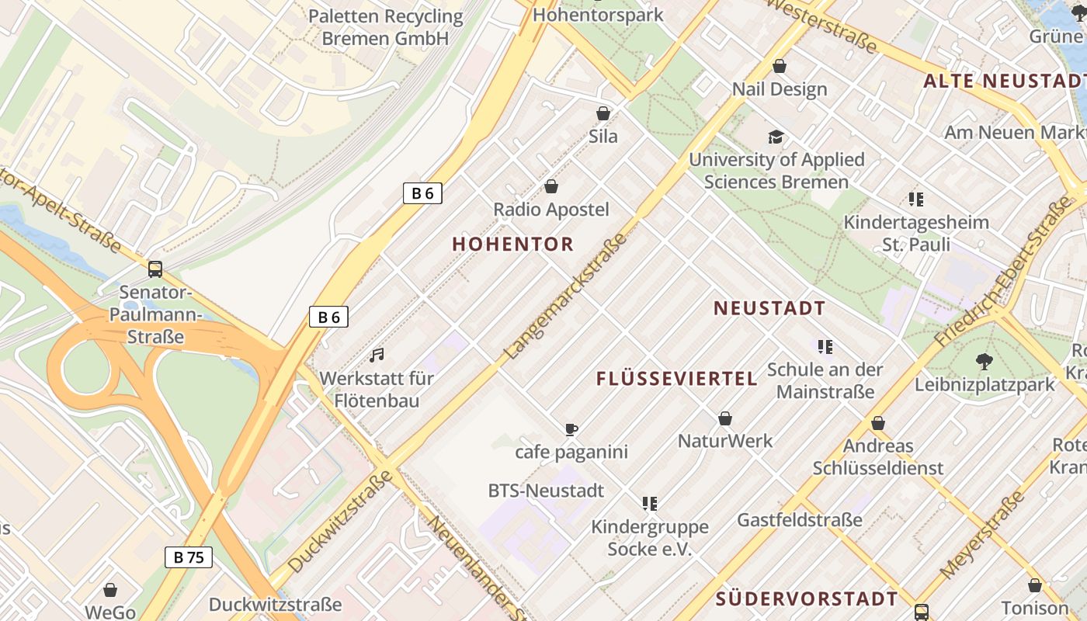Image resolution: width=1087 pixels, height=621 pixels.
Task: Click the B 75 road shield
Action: [189, 557]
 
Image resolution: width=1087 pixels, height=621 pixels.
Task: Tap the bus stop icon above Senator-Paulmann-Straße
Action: [155, 269]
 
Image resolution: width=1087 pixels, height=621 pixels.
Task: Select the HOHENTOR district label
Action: [513, 244]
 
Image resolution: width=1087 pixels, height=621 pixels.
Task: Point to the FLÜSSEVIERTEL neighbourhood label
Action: [677, 379]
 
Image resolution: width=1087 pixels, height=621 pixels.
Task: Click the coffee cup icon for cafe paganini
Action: [571, 429]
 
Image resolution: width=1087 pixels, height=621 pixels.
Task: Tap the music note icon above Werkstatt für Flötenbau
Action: [377, 356]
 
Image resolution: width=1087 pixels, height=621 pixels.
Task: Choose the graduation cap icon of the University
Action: [776, 137]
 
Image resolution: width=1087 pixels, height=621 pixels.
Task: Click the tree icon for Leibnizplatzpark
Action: [985, 361]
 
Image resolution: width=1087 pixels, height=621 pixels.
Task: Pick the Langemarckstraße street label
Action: [565, 296]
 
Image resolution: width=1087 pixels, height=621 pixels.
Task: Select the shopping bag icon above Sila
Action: [603, 114]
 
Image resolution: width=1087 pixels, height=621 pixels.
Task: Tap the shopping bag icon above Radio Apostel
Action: [551, 186]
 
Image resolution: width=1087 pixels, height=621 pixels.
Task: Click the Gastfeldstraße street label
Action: [800, 519]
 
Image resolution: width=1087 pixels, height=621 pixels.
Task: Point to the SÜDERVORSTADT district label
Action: [807, 598]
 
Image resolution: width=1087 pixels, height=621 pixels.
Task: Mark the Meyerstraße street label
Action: [983, 536]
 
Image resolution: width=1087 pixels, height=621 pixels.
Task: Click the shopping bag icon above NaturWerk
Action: [725, 419]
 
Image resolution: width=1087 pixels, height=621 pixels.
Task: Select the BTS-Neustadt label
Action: [546, 491]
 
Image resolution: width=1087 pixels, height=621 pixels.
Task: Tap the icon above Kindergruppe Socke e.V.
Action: [650, 504]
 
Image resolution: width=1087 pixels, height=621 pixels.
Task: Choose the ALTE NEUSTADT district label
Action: [1004, 81]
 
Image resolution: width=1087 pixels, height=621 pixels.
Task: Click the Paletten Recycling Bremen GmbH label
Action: [385, 27]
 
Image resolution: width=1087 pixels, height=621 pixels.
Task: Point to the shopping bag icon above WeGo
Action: [110, 590]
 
